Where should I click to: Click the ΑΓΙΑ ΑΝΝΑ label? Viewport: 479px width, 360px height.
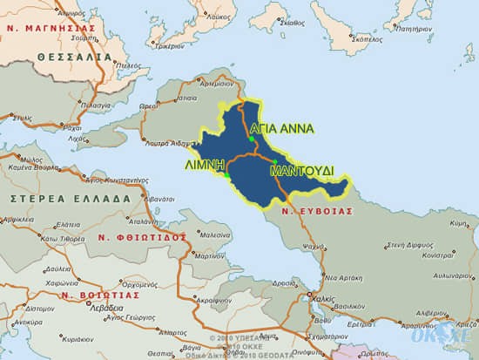[x=276, y=126]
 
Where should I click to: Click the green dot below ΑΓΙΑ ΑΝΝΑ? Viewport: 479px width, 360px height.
[x=251, y=139]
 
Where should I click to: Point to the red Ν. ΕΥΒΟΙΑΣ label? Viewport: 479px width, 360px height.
[x=318, y=210]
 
